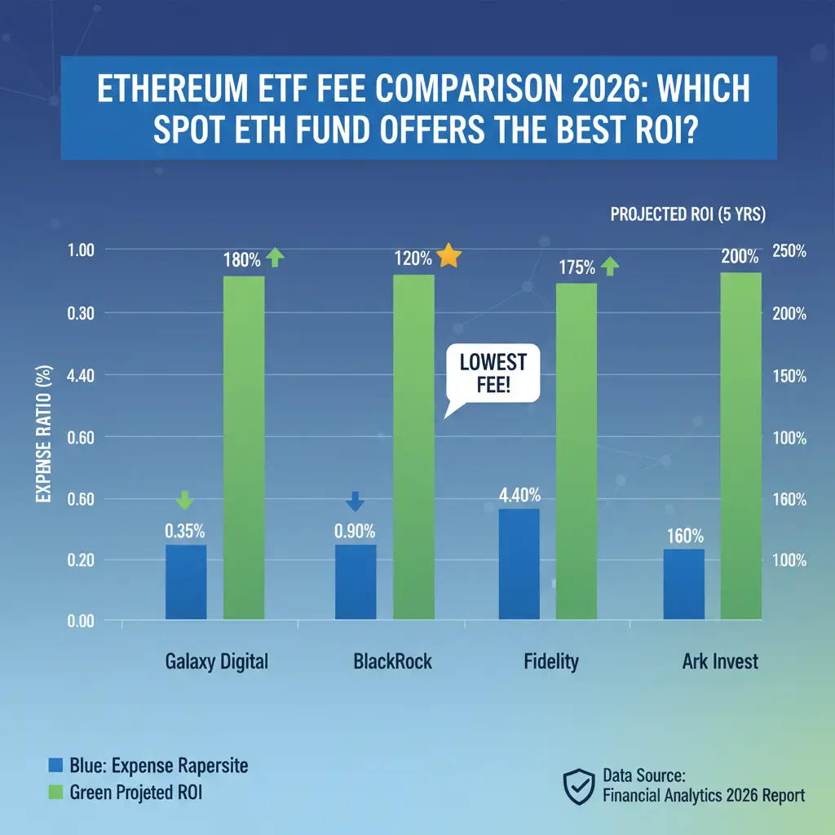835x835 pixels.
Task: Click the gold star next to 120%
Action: click(x=449, y=257)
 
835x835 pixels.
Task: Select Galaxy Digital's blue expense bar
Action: click(x=186, y=581)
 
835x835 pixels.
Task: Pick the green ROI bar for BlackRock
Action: click(x=413, y=447)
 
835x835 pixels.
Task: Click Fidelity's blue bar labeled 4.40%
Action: click(x=519, y=563)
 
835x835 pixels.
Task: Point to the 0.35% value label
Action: click(x=186, y=530)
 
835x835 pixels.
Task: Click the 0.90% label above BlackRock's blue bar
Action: click(x=355, y=530)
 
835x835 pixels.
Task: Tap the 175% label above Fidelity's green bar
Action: click(x=578, y=267)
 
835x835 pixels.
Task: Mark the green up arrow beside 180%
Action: click(x=275, y=258)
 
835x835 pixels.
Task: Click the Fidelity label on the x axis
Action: click(x=551, y=660)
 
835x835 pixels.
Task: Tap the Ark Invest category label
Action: click(x=720, y=660)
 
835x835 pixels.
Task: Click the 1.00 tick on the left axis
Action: click(x=82, y=251)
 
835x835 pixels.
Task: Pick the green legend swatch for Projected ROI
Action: click(x=55, y=791)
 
